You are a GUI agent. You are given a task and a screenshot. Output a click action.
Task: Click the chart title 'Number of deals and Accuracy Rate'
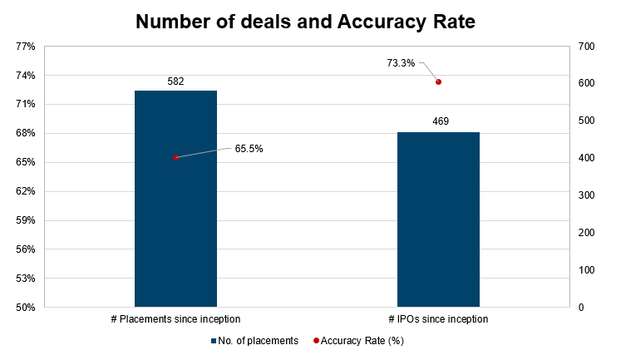coord(305,22)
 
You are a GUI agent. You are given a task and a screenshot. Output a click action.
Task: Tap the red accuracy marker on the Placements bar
coord(175,157)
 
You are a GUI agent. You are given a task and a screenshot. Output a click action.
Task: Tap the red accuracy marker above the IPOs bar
coord(438,81)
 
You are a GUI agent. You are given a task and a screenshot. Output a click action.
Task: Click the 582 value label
coord(175,81)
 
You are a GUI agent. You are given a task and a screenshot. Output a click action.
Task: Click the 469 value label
coord(441,121)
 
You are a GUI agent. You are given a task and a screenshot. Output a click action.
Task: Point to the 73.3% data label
coord(401,62)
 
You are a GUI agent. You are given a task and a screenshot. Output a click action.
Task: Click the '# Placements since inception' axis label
coord(175,319)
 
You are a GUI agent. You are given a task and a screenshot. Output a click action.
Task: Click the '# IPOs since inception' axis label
coord(438,319)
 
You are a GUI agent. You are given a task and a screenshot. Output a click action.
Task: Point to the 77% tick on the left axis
coord(25,47)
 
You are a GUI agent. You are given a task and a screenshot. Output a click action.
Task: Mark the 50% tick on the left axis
coord(25,308)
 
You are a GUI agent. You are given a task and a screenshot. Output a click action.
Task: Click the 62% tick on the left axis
coord(25,191)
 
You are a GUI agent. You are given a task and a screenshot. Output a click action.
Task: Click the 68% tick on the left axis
coord(25,133)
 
